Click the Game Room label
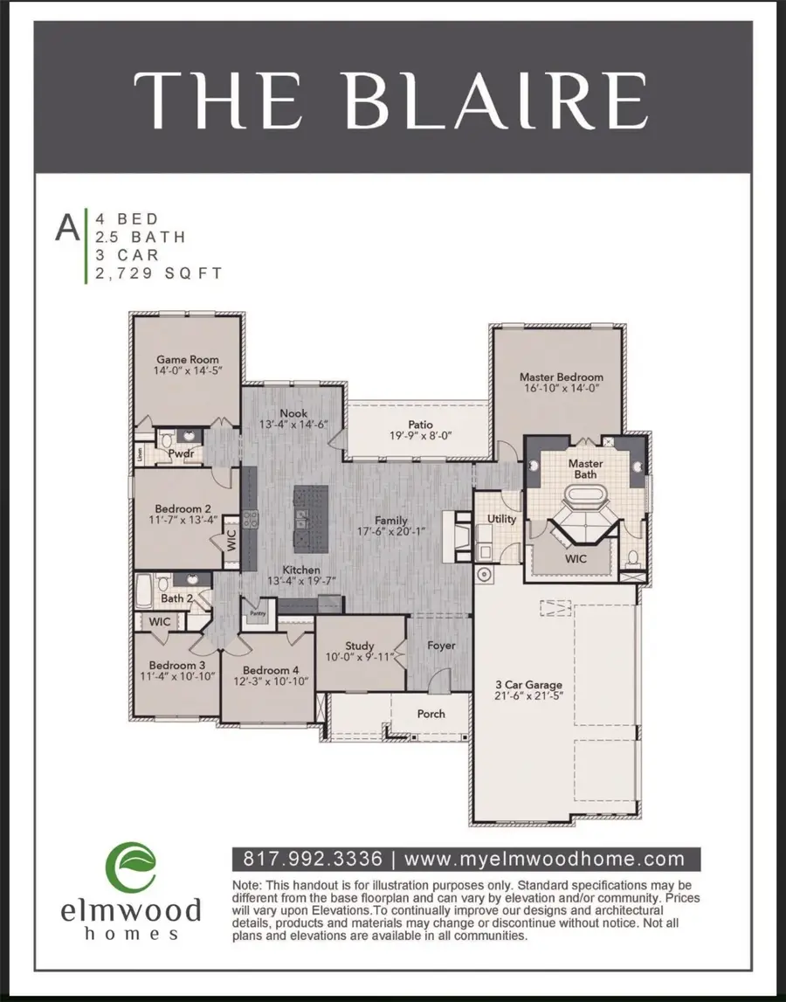coord(187,359)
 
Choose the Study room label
coord(360,646)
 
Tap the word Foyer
coord(441,646)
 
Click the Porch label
coord(431,714)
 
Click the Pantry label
coord(257,613)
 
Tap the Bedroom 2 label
coord(183,509)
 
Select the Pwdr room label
coord(182,454)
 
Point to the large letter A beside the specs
coord(66,227)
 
